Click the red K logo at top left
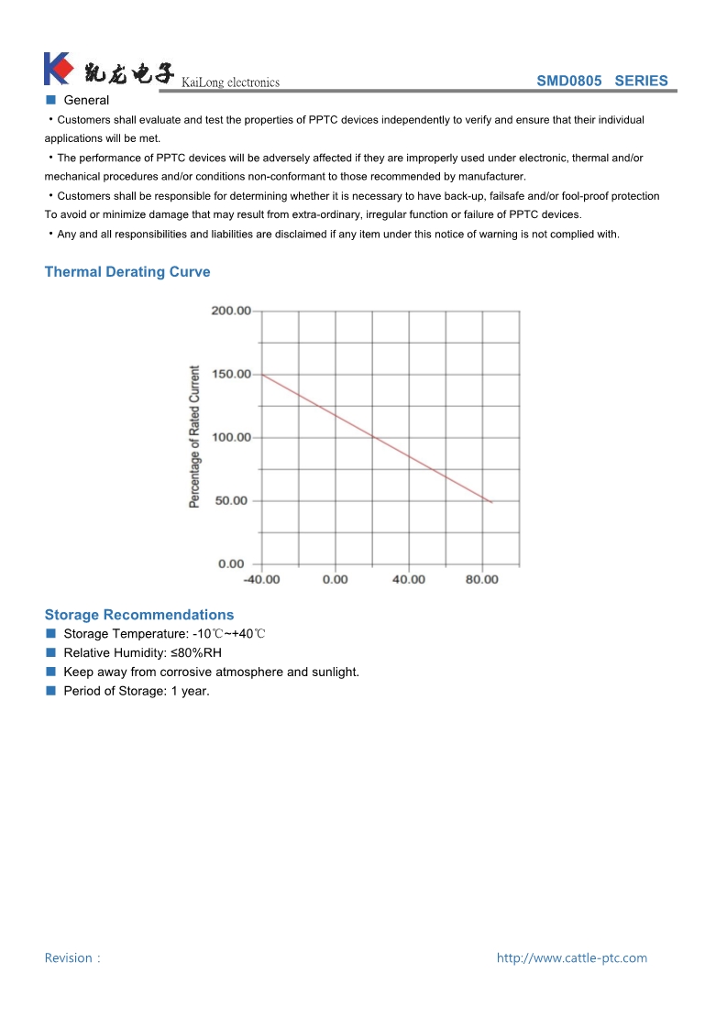pyautogui.click(x=57, y=69)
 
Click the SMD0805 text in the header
pyautogui.click(x=569, y=81)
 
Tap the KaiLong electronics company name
pyautogui.click(x=231, y=82)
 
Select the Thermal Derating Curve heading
pyautogui.click(x=127, y=272)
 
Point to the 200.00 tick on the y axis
pyautogui.click(x=231, y=311)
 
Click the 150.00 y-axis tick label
pyautogui.click(x=231, y=374)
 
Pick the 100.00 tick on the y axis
pyautogui.click(x=231, y=437)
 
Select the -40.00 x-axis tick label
pyautogui.click(x=261, y=579)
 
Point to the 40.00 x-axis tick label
pyautogui.click(x=409, y=579)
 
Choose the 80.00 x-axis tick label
pyautogui.click(x=482, y=579)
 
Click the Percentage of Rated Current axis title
pyautogui.click(x=194, y=437)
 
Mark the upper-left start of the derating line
pyautogui.click(x=263, y=374)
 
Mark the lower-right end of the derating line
pyautogui.click(x=492, y=502)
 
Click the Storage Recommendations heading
pyautogui.click(x=139, y=615)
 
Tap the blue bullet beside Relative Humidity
pyautogui.click(x=51, y=652)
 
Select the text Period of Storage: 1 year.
pyautogui.click(x=137, y=691)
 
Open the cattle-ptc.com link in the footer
pyautogui.click(x=572, y=957)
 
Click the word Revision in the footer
pyautogui.click(x=69, y=957)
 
